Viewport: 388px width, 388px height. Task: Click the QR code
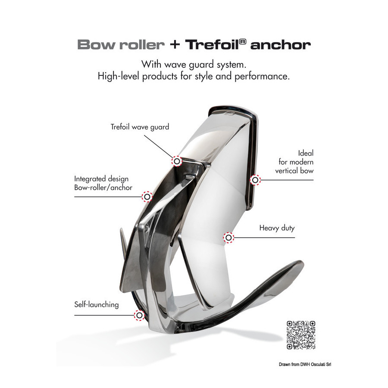pos(300,335)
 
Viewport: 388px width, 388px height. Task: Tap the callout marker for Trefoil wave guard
pos(177,161)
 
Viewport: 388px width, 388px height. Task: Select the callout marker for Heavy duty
pos(228,238)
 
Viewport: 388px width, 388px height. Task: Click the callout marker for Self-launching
pos(139,315)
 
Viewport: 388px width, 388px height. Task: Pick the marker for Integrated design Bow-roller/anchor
pos(147,197)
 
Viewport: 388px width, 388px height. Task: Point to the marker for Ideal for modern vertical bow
pos(255,180)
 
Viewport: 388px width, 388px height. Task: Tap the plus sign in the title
pos(175,45)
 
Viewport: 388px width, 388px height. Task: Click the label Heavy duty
pos(277,228)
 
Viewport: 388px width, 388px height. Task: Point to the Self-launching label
pos(97,305)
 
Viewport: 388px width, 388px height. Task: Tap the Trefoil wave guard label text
pos(140,127)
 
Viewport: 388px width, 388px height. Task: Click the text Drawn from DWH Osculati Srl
pos(305,364)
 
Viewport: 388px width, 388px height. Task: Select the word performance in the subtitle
pos(262,76)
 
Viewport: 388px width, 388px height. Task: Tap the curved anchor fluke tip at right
pos(301,263)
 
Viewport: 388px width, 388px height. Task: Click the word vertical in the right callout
pos(287,171)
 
